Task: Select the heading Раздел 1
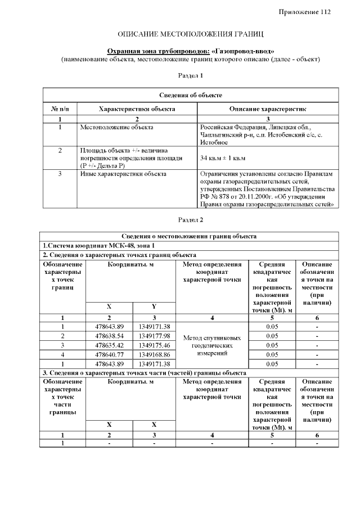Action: (x=190, y=75)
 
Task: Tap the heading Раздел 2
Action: (x=190, y=219)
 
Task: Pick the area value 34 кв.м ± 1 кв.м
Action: (x=223, y=158)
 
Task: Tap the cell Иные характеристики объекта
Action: (x=123, y=174)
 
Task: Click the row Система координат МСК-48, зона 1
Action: (x=98, y=245)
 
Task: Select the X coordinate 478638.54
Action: (x=109, y=336)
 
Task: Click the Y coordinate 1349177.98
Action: (x=154, y=336)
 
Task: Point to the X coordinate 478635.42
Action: (x=109, y=345)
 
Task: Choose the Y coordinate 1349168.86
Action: (x=154, y=354)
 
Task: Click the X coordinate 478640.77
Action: (x=109, y=354)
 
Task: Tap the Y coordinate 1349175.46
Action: (x=154, y=345)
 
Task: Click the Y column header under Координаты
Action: (x=154, y=307)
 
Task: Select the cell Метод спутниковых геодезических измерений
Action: (x=212, y=345)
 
